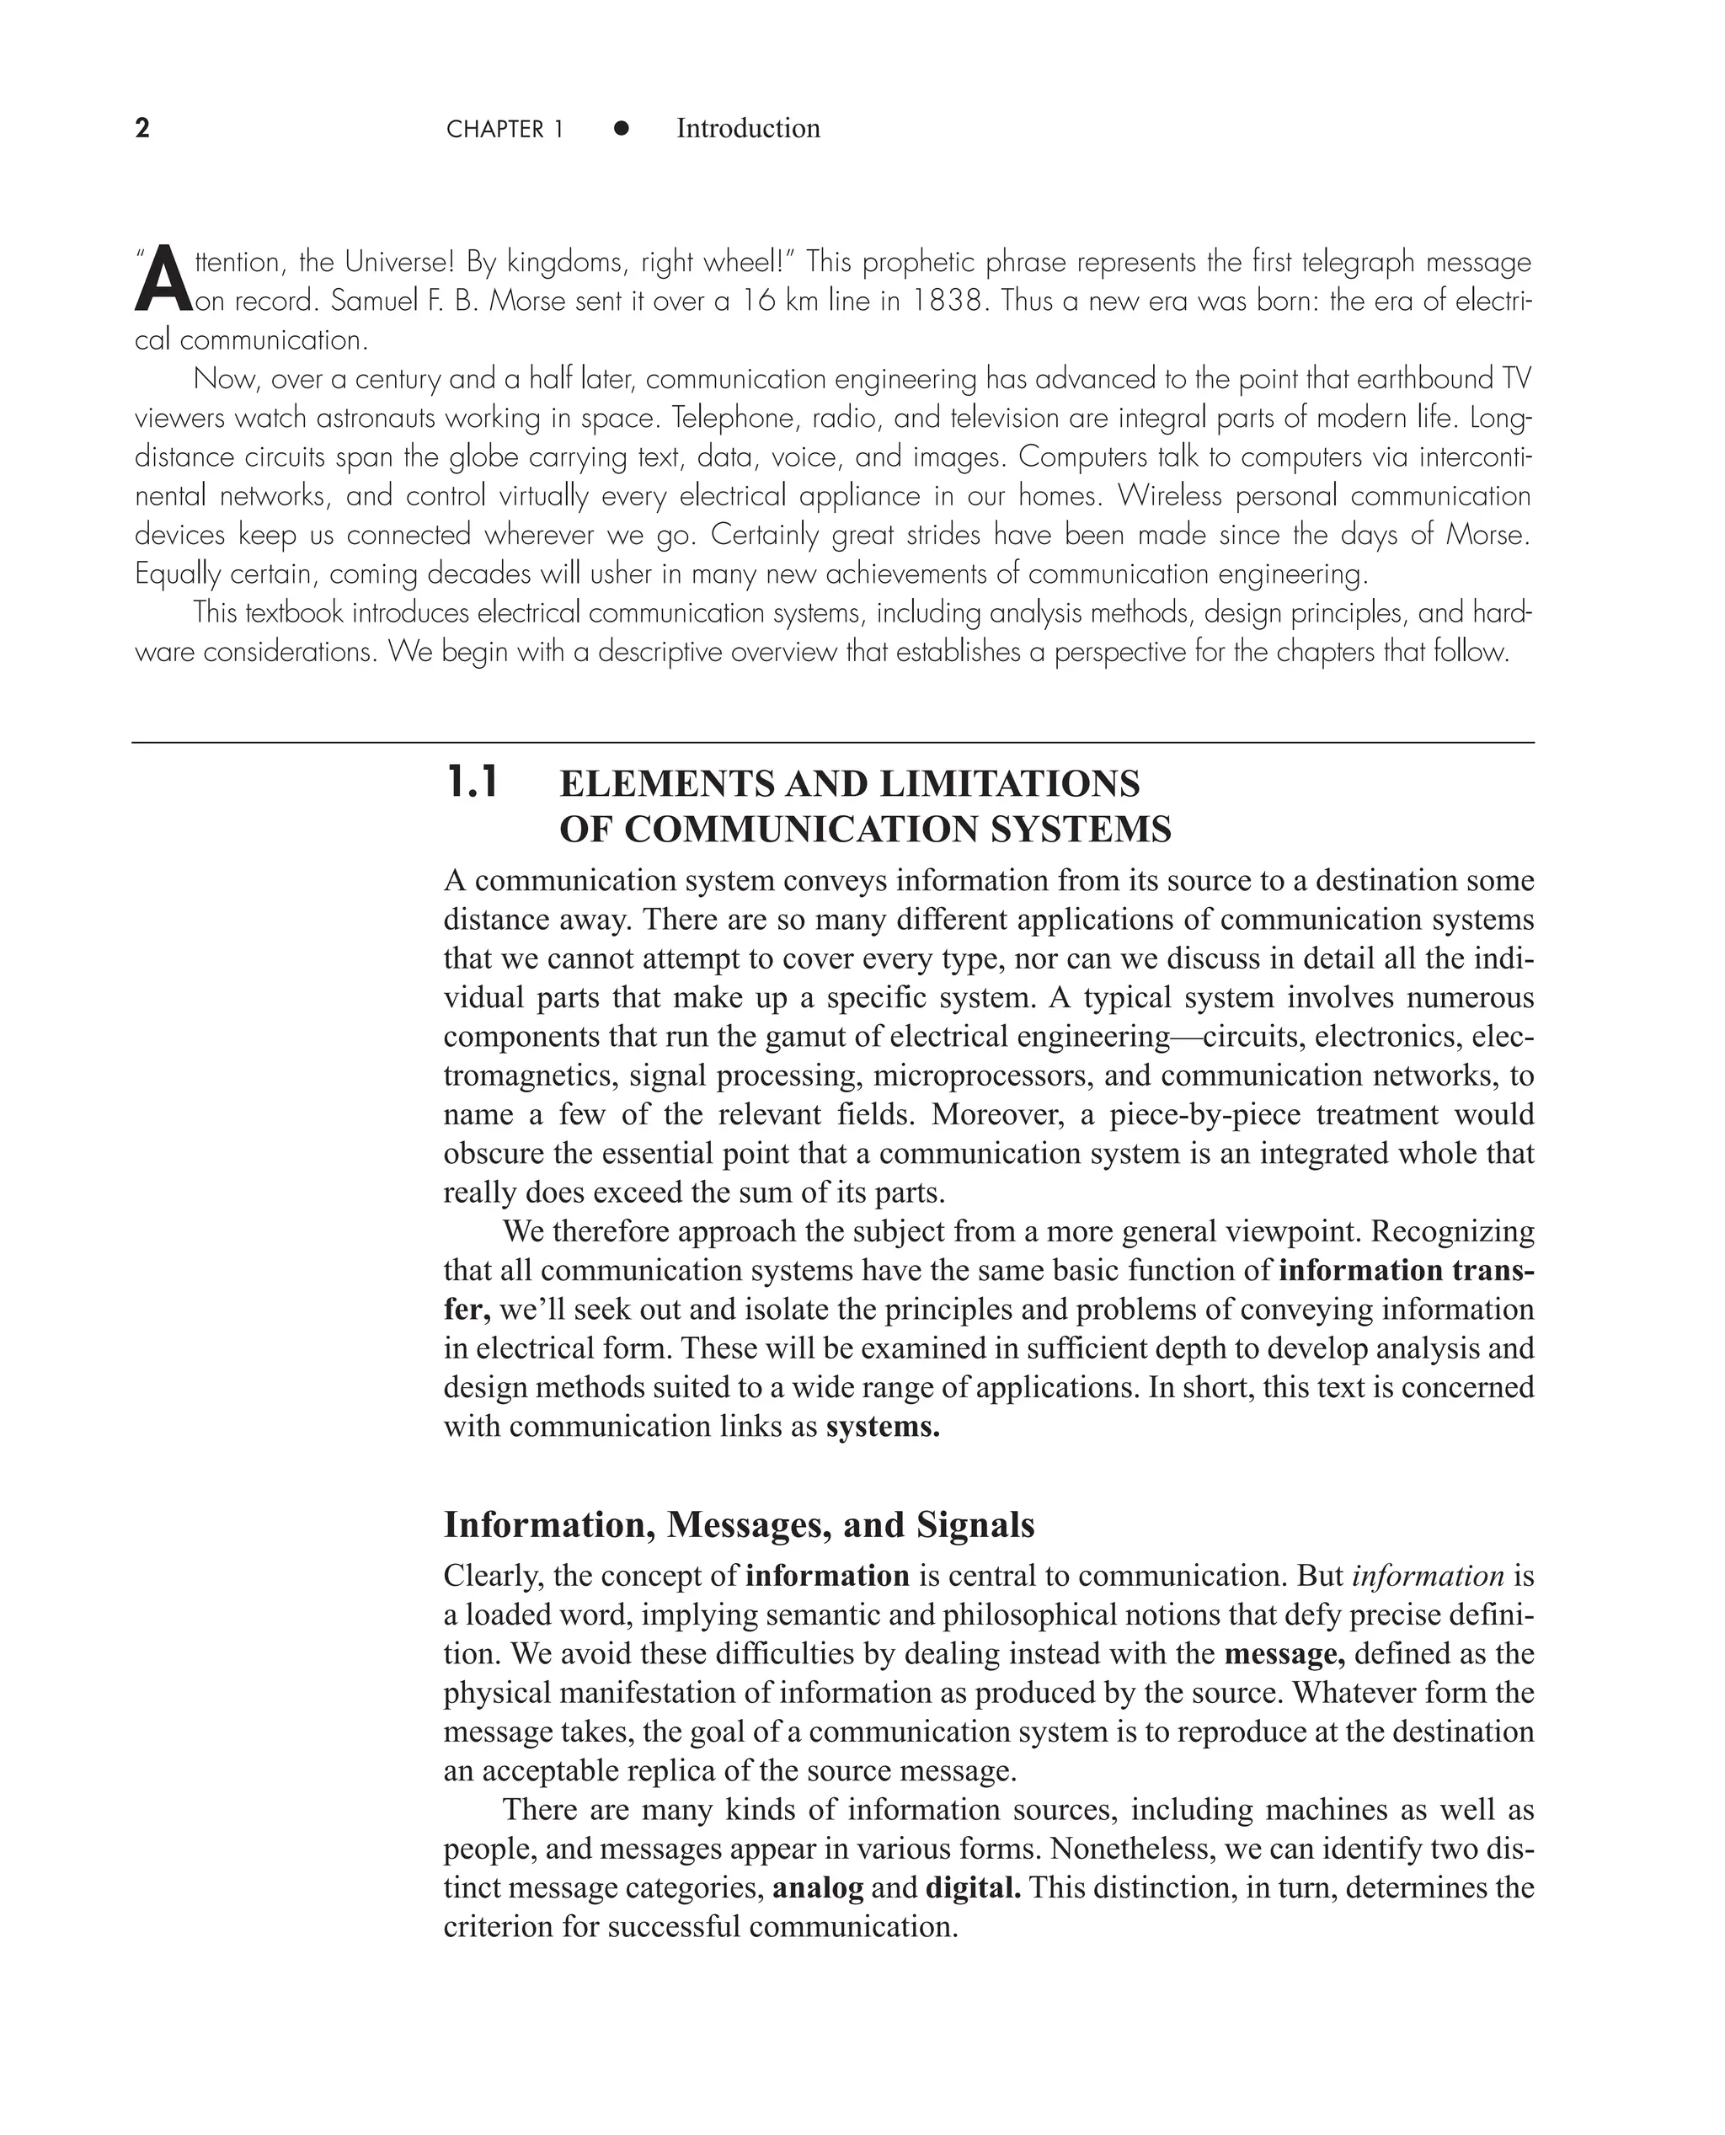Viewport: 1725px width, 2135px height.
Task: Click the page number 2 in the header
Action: [x=142, y=128]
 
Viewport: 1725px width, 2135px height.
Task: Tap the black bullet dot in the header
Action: [x=621, y=128]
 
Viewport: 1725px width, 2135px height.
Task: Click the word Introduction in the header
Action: [x=747, y=128]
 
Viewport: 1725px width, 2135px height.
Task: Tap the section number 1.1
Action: [x=473, y=784]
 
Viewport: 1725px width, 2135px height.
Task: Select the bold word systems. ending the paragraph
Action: [x=883, y=1427]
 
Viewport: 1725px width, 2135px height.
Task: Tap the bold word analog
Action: [x=817, y=1887]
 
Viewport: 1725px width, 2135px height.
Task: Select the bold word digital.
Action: [x=973, y=1887]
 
